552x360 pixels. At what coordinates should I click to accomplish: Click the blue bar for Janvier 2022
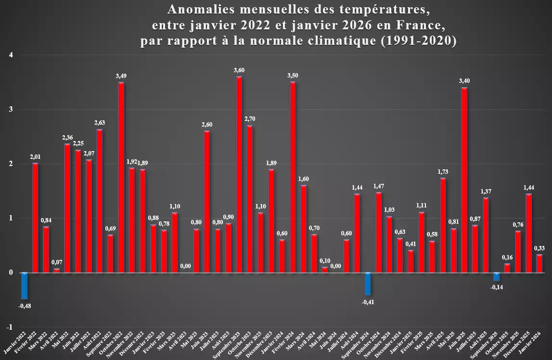point(24,286)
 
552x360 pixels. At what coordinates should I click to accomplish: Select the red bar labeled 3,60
point(239,175)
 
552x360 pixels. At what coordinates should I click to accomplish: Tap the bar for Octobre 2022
point(121,178)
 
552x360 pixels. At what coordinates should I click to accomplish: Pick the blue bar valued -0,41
point(368,283)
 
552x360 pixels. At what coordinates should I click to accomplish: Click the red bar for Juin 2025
point(464,180)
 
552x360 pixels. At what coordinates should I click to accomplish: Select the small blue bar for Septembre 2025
point(497,277)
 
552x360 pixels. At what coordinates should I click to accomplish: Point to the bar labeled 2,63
point(100,201)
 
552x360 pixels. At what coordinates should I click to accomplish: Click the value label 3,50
point(293,75)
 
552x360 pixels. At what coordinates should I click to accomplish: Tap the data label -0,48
point(25,306)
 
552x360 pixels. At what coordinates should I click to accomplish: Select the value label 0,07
point(57,262)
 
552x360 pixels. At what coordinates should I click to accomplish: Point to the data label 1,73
point(443,172)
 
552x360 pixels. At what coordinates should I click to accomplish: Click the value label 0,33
point(539,248)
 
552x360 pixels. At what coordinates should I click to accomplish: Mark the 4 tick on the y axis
point(11,55)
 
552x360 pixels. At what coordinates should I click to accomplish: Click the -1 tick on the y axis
point(10,327)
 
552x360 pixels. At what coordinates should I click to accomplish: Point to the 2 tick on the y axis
point(11,164)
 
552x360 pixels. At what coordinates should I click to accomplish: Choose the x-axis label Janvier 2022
point(15,342)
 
